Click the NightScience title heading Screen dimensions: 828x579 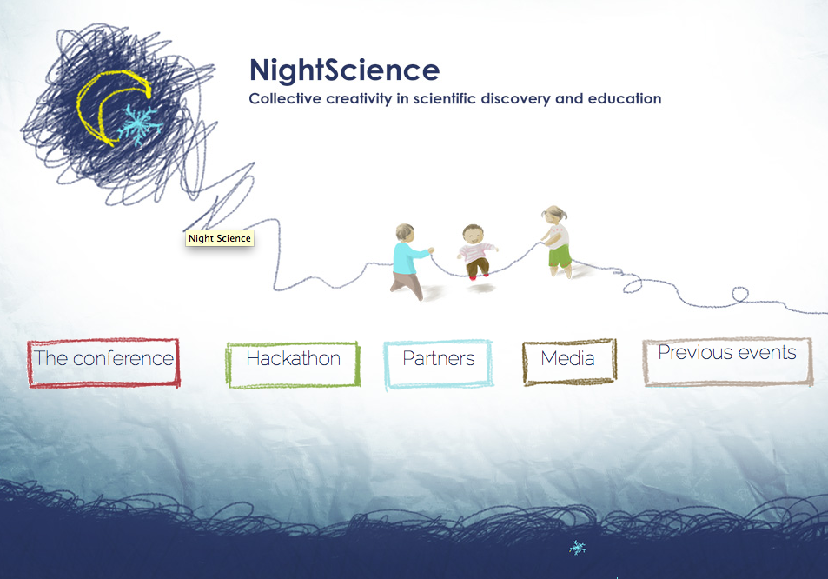[344, 70]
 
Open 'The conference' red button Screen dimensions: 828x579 [103, 363]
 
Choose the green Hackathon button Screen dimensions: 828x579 [293, 364]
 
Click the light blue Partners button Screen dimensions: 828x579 [438, 364]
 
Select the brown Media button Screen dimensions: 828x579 [569, 362]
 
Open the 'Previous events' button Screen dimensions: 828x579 [727, 362]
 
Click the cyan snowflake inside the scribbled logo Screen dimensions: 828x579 [139, 124]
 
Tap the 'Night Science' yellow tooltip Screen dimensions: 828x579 [220, 238]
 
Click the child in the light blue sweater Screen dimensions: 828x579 [410, 261]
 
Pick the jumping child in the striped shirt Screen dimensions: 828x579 [476, 251]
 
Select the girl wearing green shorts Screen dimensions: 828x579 [557, 241]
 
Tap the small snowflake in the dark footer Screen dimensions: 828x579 [577, 548]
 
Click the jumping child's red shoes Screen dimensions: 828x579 [479, 276]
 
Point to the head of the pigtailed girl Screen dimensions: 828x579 [554, 215]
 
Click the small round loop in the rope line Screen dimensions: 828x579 [740, 294]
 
